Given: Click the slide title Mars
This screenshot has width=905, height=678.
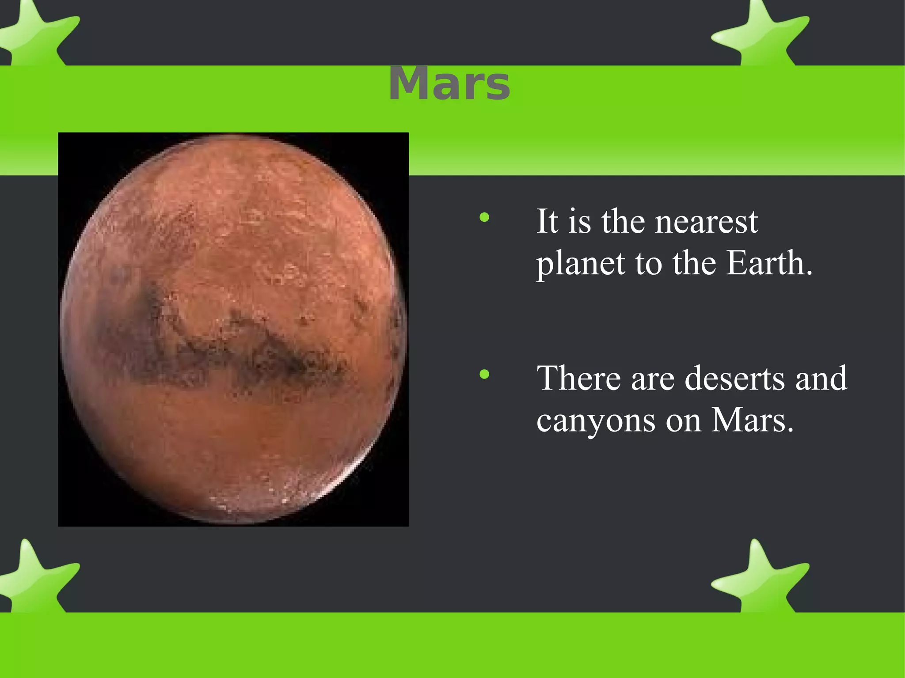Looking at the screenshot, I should pyautogui.click(x=449, y=84).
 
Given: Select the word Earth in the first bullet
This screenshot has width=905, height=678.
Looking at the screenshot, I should pyautogui.click(x=769, y=263).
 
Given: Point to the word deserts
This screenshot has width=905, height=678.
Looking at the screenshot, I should pyautogui.click(x=734, y=379).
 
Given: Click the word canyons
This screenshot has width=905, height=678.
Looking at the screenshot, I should pyautogui.click(x=596, y=421).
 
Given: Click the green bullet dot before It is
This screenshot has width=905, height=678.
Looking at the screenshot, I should pyautogui.click(x=484, y=217).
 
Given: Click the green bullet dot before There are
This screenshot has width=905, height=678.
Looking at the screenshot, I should pyautogui.click(x=484, y=375).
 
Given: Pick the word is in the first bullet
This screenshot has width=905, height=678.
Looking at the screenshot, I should pyautogui.click(x=579, y=222).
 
